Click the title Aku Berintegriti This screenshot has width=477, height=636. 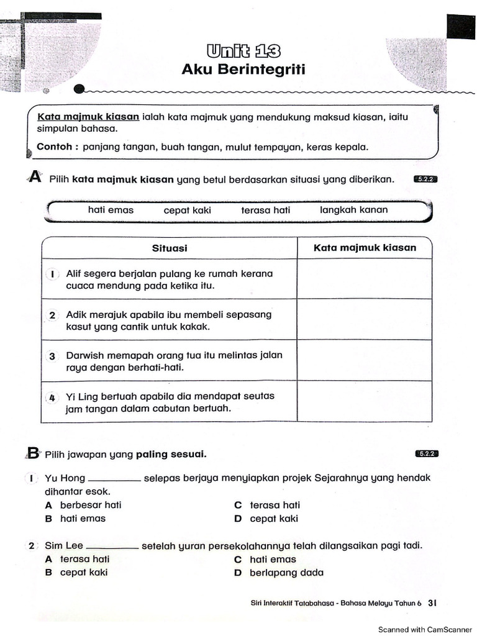243,70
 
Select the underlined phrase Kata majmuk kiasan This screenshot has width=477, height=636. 88,117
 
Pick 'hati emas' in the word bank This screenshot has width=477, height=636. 111,210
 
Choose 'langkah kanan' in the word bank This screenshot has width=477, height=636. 353,210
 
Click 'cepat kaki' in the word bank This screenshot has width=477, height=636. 187,210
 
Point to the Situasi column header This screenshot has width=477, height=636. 170,248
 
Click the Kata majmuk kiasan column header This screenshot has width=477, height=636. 365,248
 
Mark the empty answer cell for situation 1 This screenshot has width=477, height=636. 365,279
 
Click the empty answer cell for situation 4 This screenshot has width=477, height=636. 365,401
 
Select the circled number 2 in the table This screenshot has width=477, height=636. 53,315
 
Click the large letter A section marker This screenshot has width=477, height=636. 35,178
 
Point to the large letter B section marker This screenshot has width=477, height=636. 33,453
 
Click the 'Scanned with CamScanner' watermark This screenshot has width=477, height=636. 425,629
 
